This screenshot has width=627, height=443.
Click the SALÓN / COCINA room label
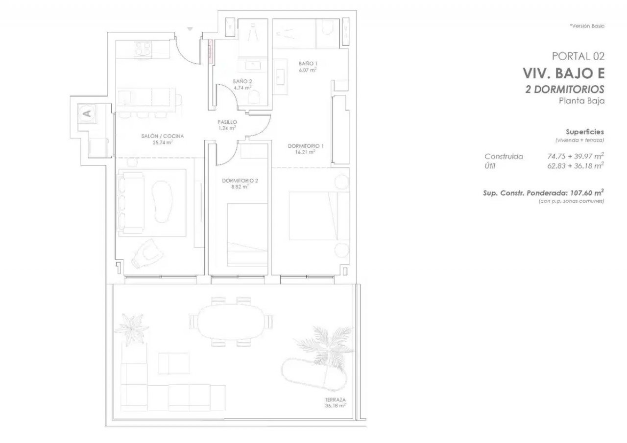(162, 136)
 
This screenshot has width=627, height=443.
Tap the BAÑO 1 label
(308, 64)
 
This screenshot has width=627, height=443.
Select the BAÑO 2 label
(242, 81)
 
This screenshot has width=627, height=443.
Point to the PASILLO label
(227, 122)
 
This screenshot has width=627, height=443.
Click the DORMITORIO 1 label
(306, 146)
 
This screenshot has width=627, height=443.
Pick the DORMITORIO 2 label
(240, 181)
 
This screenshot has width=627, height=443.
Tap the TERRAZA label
(336, 399)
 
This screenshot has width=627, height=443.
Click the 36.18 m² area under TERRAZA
(336, 405)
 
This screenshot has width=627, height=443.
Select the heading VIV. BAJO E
(564, 73)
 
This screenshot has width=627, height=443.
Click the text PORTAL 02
(578, 56)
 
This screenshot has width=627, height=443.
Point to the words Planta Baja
(581, 101)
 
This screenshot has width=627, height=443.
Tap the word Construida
(504, 156)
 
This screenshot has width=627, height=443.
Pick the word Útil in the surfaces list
(490, 166)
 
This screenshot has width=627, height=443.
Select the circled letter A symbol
(87, 114)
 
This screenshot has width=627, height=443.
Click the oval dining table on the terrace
(230, 322)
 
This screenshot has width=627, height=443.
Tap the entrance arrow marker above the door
(190, 29)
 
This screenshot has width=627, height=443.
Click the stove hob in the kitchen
(143, 49)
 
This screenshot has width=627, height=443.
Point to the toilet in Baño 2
(254, 97)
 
